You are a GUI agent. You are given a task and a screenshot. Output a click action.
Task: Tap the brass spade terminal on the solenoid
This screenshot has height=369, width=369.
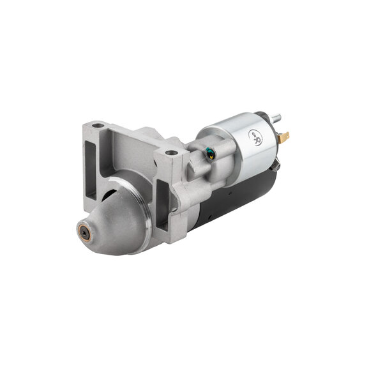[x=285, y=136]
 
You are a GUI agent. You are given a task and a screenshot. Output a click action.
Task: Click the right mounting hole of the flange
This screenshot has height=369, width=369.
[x=170, y=153]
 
